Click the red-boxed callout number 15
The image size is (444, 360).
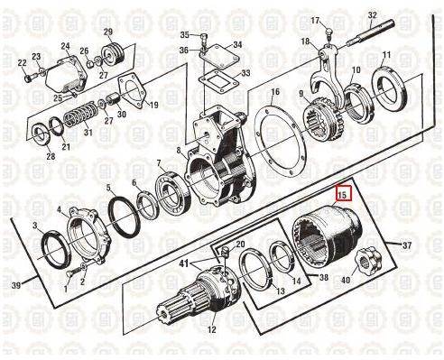[342, 195]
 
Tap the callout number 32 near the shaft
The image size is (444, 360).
[373, 15]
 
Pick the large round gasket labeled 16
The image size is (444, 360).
[281, 139]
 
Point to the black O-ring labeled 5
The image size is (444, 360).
[125, 215]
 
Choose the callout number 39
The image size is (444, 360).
[16, 284]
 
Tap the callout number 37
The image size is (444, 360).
[407, 245]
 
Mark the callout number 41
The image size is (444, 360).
[183, 263]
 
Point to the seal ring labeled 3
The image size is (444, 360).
[56, 249]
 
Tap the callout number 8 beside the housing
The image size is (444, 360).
[179, 150]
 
